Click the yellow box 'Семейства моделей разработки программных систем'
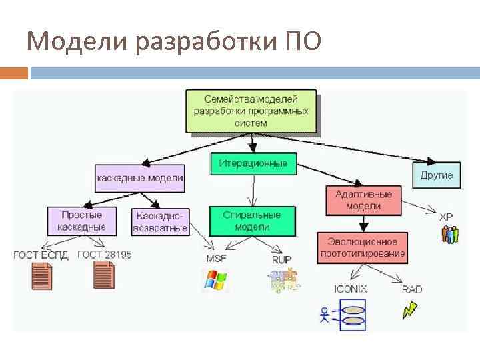[251, 111]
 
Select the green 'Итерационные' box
[253, 163]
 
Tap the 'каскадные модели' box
[140, 178]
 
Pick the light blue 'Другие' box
[437, 175]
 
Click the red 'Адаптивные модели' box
[363, 200]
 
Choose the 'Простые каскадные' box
[81, 221]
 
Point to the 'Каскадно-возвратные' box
[161, 221]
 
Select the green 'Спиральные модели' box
[252, 221]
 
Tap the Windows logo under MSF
[215, 281]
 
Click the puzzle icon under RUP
[285, 280]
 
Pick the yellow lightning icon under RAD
[410, 310]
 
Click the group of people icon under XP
[450, 235]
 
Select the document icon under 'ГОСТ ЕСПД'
[42, 275]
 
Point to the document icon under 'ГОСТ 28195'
[103, 275]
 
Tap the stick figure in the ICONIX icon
[325, 314]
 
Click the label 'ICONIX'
[351, 289]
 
